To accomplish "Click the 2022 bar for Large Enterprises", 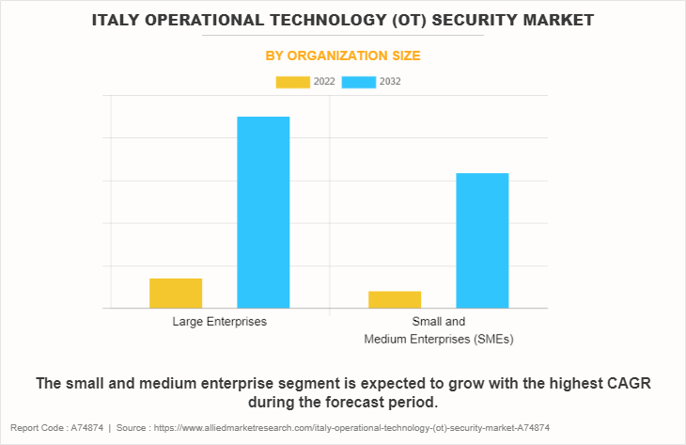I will coord(176,293).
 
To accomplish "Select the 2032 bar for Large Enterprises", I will coord(263,212).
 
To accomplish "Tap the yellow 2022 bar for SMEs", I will coord(395,299).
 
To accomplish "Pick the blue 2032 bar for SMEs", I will coord(482,240).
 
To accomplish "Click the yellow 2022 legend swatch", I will coord(292,82).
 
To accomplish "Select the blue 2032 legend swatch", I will coord(359,82).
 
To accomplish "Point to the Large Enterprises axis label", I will coord(219,322).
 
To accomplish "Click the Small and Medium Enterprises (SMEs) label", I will coord(438,329).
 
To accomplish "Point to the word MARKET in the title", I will coord(553,19).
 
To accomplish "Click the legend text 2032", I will coord(390,82).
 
